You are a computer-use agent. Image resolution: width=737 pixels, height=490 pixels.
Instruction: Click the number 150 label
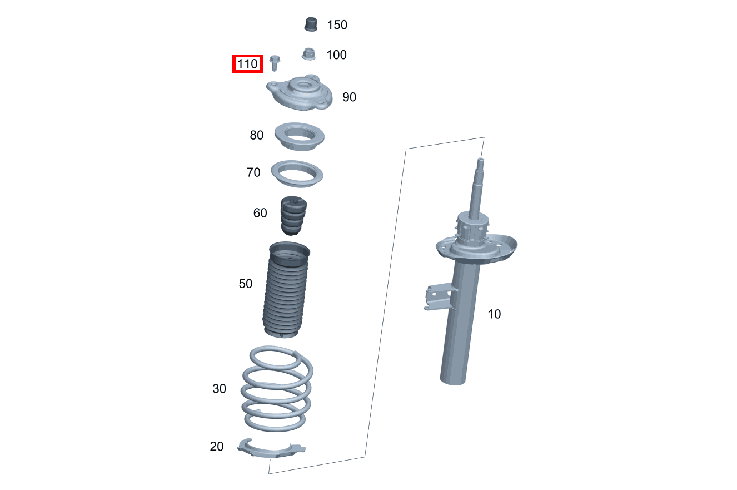pos(337,24)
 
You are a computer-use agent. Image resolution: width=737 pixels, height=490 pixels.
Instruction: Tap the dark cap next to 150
pos(311,24)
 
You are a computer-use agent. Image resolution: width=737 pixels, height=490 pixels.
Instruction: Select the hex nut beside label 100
pos(308,55)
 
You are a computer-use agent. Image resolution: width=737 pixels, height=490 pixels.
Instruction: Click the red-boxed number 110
pos(247,63)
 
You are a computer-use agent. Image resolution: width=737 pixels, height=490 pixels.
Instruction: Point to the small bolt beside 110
pos(275,63)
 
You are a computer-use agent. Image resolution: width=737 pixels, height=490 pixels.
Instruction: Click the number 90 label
pos(349,97)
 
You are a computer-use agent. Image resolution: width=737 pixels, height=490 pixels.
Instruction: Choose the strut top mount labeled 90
pos(300,93)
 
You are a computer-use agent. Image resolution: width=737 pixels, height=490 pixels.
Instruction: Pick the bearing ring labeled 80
pos(300,143)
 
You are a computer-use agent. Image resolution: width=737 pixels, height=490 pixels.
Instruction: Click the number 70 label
pos(253,172)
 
